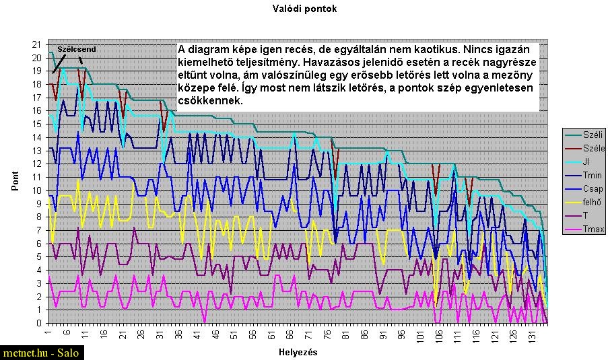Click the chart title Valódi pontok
coord(304,9)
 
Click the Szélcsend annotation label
coord(76,49)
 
